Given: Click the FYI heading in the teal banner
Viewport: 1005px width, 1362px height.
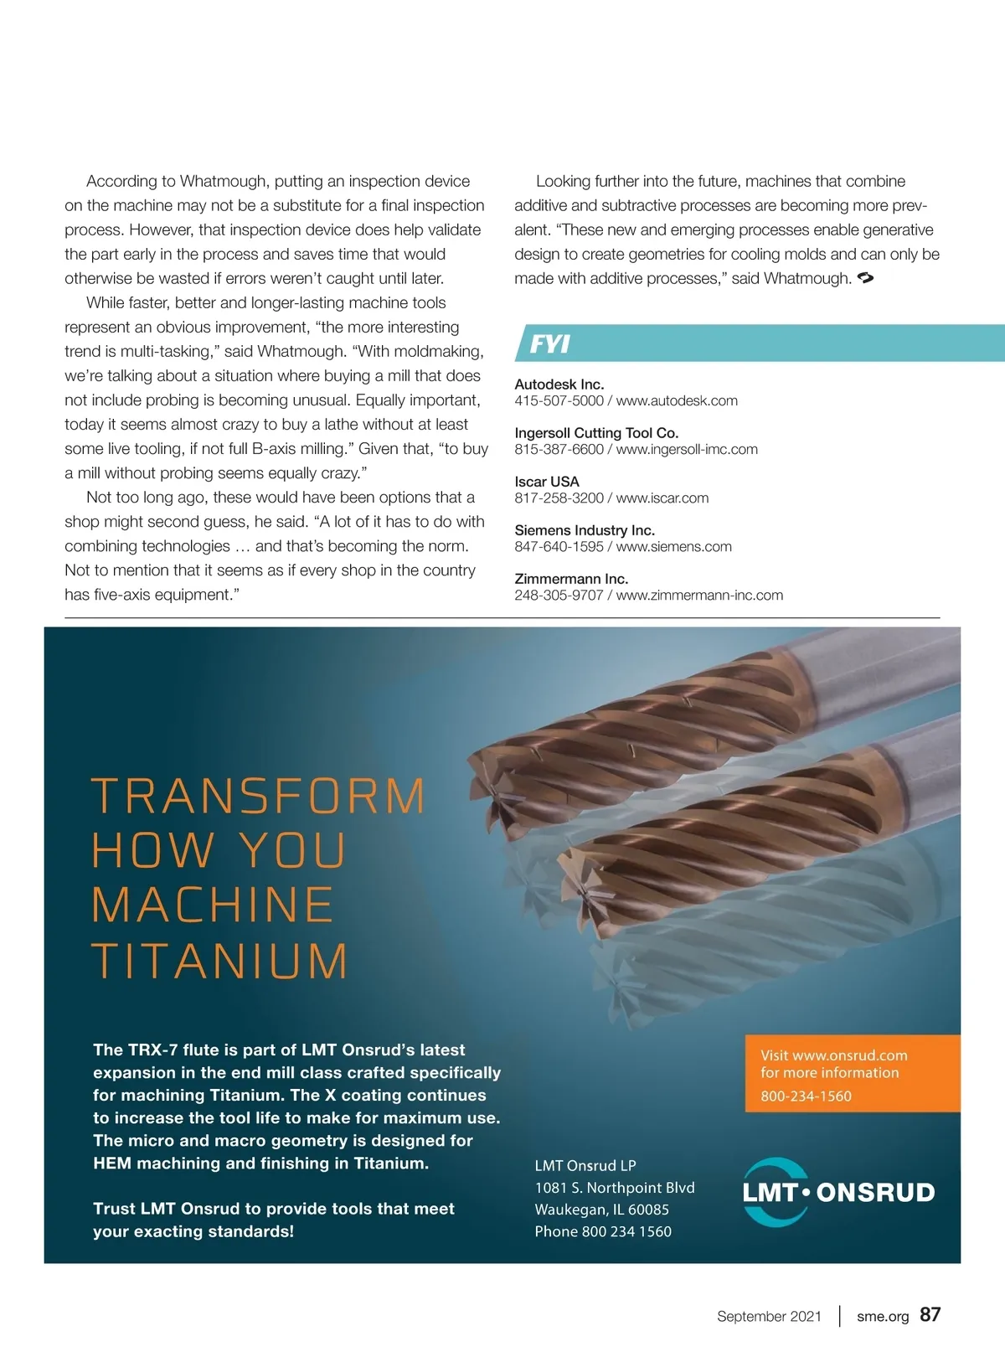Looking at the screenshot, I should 550,344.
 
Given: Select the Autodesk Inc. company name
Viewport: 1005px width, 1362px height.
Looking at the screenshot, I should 559,384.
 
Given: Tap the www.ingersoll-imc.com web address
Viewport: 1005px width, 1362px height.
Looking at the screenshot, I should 687,449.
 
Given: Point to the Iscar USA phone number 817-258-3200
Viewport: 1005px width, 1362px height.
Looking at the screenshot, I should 559,498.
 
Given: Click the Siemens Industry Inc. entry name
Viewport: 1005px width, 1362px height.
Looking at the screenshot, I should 585,530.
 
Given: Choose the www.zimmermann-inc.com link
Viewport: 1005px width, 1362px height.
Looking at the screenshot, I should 699,595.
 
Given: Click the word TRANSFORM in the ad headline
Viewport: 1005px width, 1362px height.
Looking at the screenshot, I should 258,797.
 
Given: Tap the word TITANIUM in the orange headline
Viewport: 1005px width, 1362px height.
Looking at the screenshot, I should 219,961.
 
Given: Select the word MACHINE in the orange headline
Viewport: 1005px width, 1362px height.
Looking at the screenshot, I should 213,905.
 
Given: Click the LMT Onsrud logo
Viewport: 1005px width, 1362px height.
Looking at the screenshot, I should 837,1192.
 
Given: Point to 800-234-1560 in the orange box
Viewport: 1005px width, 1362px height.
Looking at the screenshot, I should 806,1096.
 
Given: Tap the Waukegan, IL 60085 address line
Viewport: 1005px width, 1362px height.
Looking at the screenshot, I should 601,1210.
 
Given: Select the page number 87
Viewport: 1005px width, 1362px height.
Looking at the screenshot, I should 930,1314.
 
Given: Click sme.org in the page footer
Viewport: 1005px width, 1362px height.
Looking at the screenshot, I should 883,1316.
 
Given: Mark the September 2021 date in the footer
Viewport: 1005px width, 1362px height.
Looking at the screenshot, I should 769,1316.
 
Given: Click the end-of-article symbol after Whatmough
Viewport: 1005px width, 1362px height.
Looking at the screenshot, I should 866,278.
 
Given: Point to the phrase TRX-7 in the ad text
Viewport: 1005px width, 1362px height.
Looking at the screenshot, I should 152,1050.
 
